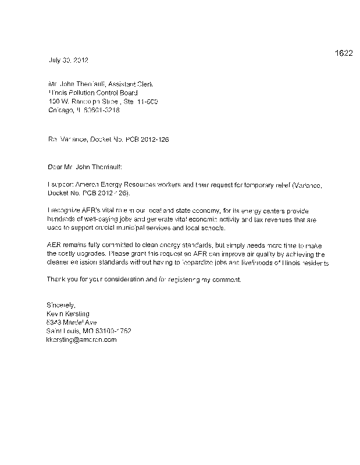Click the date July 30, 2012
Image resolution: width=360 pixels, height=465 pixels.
[x=67, y=60]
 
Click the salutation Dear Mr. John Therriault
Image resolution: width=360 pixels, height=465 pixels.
[x=85, y=167]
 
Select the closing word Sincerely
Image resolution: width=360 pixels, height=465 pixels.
[x=60, y=305]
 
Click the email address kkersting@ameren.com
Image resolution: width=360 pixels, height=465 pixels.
[x=81, y=339]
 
